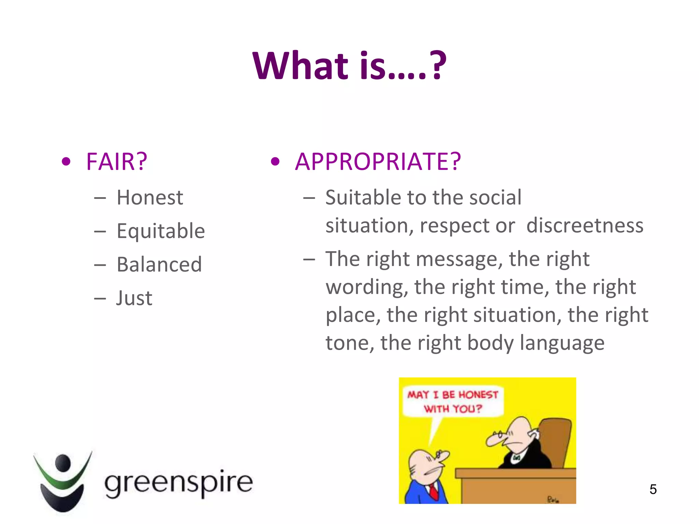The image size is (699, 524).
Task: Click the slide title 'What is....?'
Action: (x=349, y=65)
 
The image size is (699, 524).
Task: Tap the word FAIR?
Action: (x=117, y=161)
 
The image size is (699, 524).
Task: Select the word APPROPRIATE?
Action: (x=378, y=161)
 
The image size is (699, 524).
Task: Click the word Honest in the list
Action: (x=150, y=198)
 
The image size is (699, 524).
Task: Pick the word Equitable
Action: (x=161, y=231)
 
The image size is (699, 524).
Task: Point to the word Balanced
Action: (x=159, y=264)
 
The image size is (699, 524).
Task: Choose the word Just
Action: (x=134, y=298)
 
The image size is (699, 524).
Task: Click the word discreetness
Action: (x=585, y=225)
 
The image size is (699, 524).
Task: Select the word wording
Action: (x=367, y=287)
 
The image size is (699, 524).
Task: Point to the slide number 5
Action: (x=653, y=489)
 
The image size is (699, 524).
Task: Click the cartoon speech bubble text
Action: (x=453, y=402)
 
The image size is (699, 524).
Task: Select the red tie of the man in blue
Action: (x=433, y=492)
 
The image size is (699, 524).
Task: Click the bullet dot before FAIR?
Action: (x=66, y=161)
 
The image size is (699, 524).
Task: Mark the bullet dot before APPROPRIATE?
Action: (x=275, y=161)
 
